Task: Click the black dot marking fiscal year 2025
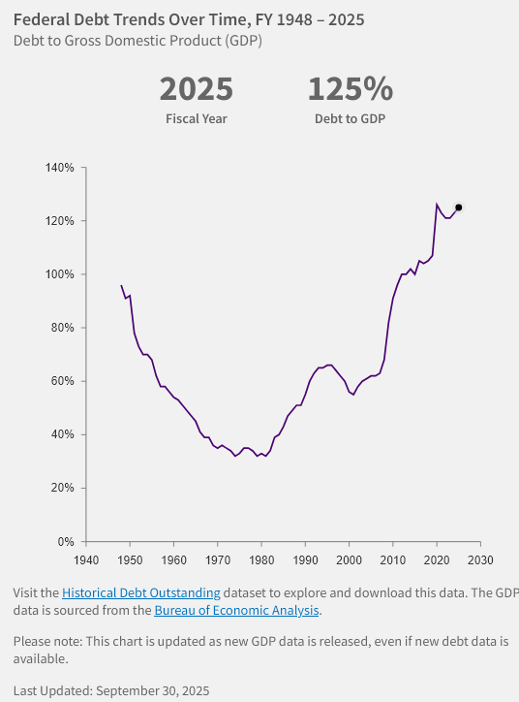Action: click(x=459, y=207)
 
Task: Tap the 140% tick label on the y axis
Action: click(x=60, y=168)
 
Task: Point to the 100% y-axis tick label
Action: click(x=60, y=274)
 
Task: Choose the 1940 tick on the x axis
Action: click(x=86, y=560)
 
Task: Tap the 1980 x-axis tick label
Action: click(x=261, y=560)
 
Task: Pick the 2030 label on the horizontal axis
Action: click(x=480, y=560)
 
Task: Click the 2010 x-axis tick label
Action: click(x=392, y=560)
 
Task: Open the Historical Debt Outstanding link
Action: click(x=141, y=592)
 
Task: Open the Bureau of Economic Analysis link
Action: click(x=237, y=611)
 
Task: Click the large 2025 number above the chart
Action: click(x=196, y=89)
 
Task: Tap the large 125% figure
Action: click(x=351, y=89)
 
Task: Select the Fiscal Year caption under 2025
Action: click(x=196, y=119)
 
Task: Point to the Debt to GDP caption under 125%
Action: click(x=351, y=119)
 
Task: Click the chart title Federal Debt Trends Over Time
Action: click(x=189, y=19)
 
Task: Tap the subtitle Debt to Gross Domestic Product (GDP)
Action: click(x=137, y=41)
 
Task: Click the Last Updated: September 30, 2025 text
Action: click(x=111, y=691)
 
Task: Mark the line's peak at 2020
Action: click(x=437, y=204)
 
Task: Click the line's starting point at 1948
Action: click(x=121, y=285)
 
